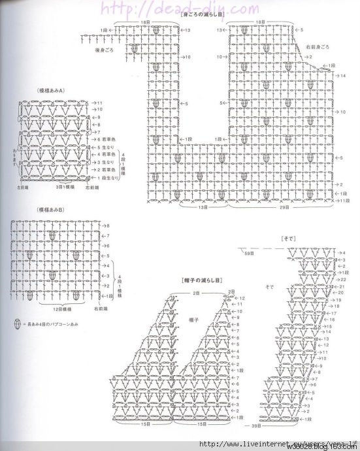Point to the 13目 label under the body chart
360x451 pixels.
[203, 207]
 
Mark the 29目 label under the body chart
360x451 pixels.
[285, 207]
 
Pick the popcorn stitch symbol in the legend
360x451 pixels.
[14, 324]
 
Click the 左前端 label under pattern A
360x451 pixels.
[27, 187]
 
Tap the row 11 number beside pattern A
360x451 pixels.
[99, 103]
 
